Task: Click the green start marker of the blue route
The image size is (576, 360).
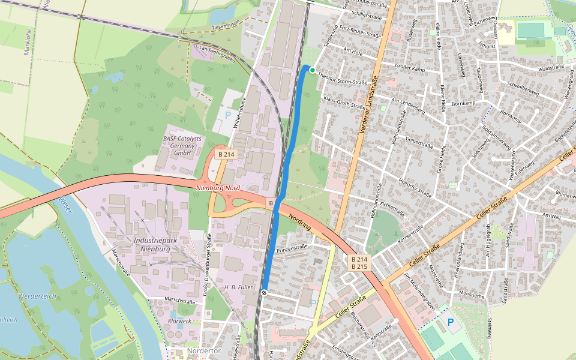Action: (x=313, y=70)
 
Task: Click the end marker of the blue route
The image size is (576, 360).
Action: (x=264, y=292)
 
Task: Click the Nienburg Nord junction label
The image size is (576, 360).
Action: (x=218, y=188)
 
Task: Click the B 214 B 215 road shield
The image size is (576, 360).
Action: (x=359, y=263)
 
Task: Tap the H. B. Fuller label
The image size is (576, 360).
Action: (x=238, y=287)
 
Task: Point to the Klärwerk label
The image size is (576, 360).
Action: (x=179, y=322)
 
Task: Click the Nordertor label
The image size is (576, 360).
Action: (x=204, y=350)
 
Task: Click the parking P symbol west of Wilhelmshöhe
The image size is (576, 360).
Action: (x=227, y=114)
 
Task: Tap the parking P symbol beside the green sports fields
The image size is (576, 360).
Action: (x=451, y=322)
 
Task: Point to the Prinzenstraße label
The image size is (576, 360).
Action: (x=292, y=247)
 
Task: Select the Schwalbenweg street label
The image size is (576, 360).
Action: (x=524, y=90)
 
